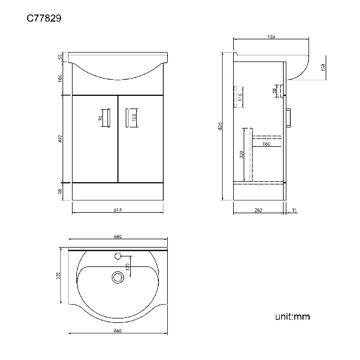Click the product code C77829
(44, 18)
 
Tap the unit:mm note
(292, 317)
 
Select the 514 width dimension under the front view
(118, 210)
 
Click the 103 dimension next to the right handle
(134, 117)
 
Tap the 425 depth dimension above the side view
(271, 36)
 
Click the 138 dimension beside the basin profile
(323, 67)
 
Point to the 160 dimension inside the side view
(266, 145)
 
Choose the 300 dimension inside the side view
(241, 155)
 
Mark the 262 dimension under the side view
(258, 210)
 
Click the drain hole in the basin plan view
(117, 276)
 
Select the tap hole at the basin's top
(117, 256)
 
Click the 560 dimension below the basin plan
(117, 331)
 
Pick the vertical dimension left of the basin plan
(60, 276)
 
